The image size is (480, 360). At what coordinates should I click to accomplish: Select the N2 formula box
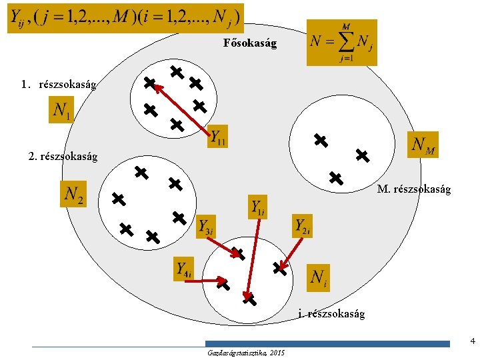(74, 194)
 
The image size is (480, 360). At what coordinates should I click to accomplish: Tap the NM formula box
(423, 143)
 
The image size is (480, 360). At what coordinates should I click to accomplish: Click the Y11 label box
(218, 137)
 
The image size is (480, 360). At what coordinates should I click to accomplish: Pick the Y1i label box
(258, 207)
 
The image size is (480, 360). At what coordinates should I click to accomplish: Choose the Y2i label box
(302, 226)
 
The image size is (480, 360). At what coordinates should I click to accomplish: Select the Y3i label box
(206, 226)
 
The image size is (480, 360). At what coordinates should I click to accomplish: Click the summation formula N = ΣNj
(341, 42)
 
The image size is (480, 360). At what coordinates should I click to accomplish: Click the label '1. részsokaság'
(59, 85)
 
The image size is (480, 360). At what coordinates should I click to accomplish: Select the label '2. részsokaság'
(64, 157)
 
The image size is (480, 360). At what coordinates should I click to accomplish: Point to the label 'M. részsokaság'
(413, 189)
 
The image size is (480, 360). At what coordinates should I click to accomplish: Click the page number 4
(472, 341)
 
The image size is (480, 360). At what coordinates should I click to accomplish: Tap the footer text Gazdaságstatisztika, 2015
(246, 352)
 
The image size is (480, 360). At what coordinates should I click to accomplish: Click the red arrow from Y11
(177, 105)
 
